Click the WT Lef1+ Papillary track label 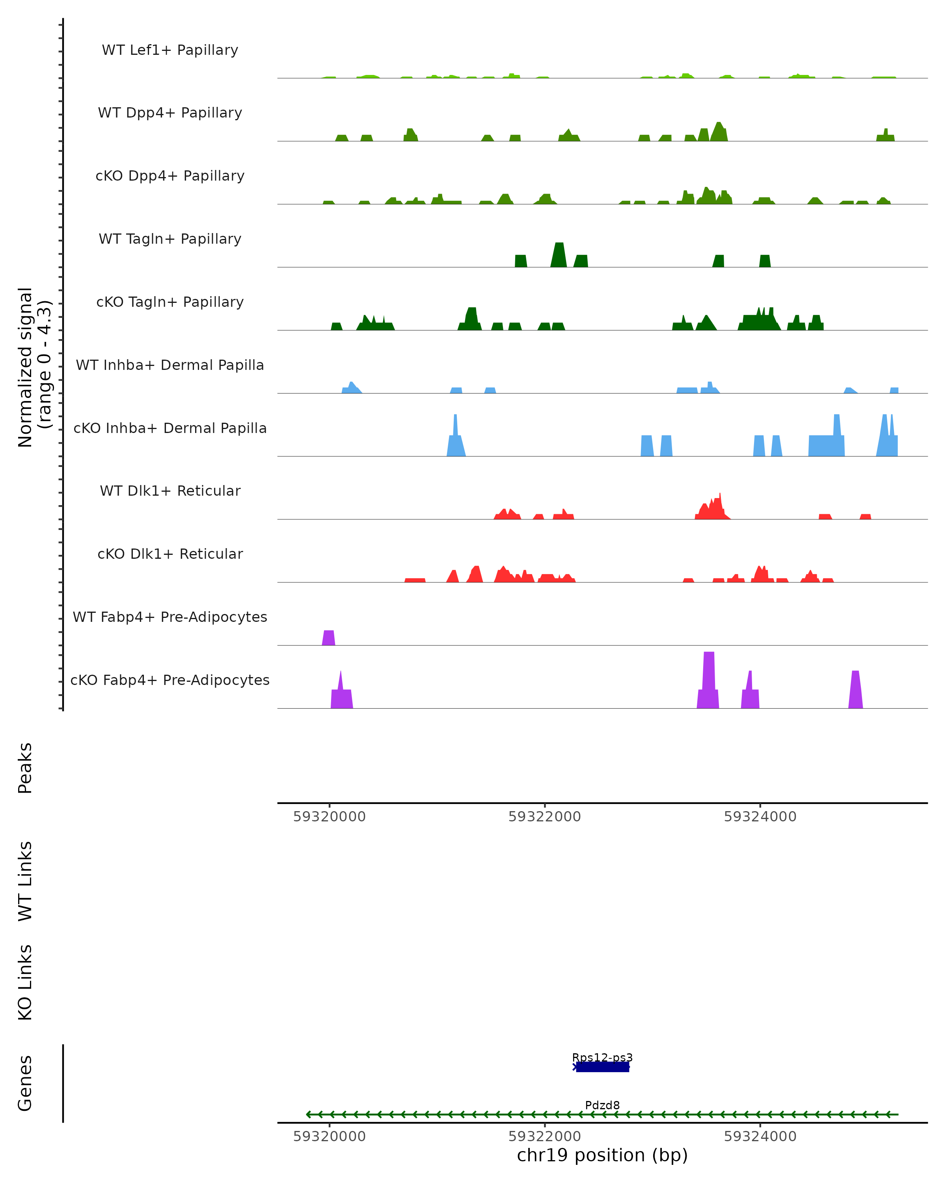(170, 50)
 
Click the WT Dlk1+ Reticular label (170, 491)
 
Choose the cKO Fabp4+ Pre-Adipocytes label (170, 680)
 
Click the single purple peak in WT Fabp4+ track (328, 638)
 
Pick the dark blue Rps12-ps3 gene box (602, 1067)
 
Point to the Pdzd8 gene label (602, 1105)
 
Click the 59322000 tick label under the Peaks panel (545, 817)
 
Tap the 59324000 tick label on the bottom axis (760, 1136)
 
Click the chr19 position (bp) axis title (602, 1155)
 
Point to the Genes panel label (25, 1083)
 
